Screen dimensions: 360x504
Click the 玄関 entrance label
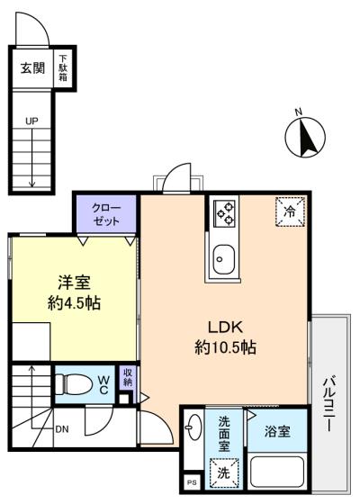click(32, 67)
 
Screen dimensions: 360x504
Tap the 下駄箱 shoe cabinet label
click(63, 67)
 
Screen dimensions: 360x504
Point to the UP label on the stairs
click(31, 121)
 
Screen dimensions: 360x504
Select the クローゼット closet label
click(106, 214)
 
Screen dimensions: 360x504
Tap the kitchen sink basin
click(224, 259)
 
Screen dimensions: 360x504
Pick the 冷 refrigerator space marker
click(290, 211)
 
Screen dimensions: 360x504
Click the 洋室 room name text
click(74, 283)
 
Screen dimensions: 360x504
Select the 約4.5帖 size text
click(74, 302)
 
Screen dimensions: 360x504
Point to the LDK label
click(225, 328)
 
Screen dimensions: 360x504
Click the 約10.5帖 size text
click(225, 346)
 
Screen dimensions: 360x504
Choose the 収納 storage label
click(128, 377)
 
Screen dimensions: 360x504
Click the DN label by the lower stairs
click(62, 429)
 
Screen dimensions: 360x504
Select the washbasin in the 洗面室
click(193, 427)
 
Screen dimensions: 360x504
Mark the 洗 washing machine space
click(224, 472)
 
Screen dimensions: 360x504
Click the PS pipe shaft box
click(193, 482)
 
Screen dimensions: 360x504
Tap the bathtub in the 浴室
click(277, 472)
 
